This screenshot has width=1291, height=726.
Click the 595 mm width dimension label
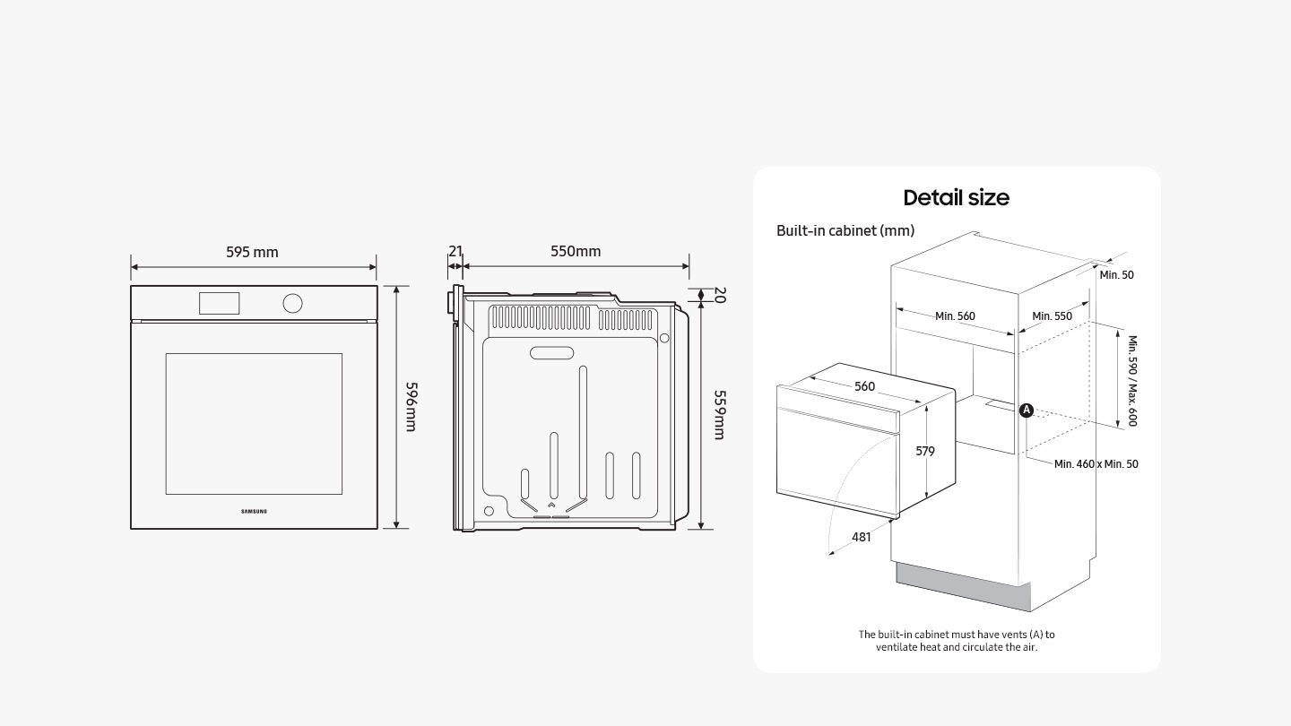(x=252, y=252)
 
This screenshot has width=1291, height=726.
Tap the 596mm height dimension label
(x=411, y=406)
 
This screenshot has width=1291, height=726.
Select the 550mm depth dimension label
(x=576, y=251)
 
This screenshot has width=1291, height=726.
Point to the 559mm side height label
(x=719, y=414)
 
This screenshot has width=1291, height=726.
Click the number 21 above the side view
(x=455, y=251)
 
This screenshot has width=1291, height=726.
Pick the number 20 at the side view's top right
(x=719, y=295)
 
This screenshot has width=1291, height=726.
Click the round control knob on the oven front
(x=292, y=303)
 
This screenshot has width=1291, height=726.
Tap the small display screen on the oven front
(x=219, y=303)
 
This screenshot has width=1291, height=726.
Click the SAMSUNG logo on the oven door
(x=254, y=511)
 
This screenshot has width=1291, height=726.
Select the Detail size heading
(x=956, y=197)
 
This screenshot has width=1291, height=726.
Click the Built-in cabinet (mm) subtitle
(x=845, y=230)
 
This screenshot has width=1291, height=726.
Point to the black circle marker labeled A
(x=1027, y=411)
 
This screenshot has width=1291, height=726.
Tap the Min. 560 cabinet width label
(x=955, y=315)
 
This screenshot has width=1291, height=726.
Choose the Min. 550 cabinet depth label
(x=1052, y=315)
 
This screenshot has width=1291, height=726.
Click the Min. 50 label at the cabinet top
(x=1116, y=274)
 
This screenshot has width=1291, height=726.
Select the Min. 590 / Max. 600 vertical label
(x=1131, y=380)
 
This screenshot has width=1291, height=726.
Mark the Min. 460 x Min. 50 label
(x=1096, y=463)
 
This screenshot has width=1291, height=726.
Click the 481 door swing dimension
(x=861, y=536)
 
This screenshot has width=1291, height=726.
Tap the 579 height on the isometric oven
(x=924, y=451)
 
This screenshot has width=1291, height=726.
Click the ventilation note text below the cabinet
(x=956, y=640)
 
